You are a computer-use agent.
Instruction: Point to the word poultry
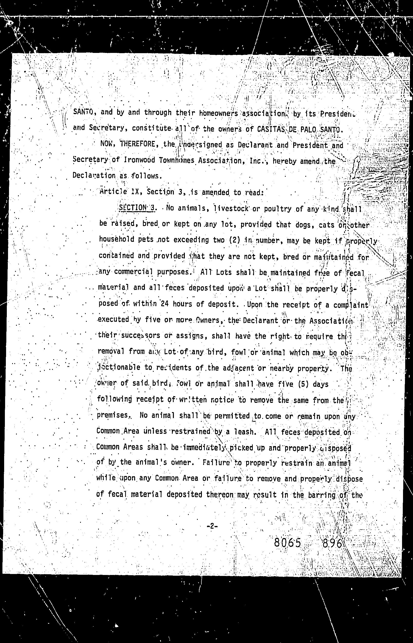pos(278,209)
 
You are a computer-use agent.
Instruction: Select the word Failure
pos(216,463)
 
